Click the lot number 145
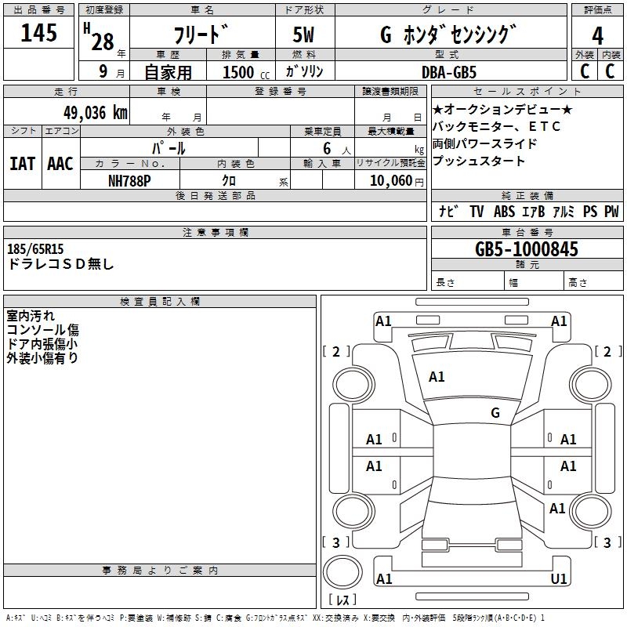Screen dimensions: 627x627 (39, 34)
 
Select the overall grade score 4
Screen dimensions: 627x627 (597, 35)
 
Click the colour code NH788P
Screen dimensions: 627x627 (129, 180)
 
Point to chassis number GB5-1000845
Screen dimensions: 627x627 (527, 250)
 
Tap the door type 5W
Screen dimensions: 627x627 (305, 35)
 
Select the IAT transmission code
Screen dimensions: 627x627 (23, 163)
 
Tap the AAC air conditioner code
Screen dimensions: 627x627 (60, 163)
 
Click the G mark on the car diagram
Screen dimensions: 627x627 (495, 412)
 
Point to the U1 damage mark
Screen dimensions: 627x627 (559, 579)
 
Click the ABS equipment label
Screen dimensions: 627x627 (504, 212)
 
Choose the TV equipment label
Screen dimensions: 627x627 (477, 212)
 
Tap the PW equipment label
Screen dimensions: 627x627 (611, 212)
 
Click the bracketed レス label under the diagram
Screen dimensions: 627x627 (342, 600)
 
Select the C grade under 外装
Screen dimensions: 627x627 (584, 71)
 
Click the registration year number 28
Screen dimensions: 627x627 (103, 42)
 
